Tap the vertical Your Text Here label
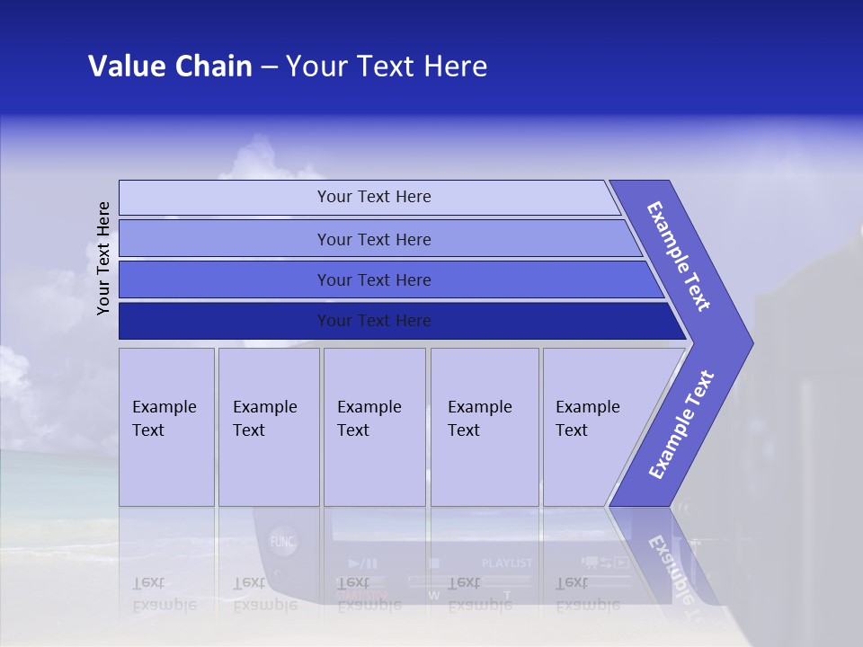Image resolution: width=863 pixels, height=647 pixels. click(x=103, y=258)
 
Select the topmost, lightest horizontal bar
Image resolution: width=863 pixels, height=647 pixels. click(x=373, y=197)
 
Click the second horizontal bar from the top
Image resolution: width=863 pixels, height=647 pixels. click(x=373, y=239)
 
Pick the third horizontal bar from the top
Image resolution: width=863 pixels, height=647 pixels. click(x=373, y=280)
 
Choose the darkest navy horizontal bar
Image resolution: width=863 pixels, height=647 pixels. click(x=373, y=321)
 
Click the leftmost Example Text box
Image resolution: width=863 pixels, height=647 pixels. click(x=166, y=427)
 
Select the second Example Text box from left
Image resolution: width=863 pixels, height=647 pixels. click(x=269, y=427)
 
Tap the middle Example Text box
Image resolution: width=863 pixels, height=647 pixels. click(x=374, y=427)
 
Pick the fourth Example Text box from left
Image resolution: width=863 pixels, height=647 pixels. click(x=485, y=427)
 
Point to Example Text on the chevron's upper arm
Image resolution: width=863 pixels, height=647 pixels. click(x=680, y=256)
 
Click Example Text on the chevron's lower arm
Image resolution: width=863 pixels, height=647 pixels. click(x=681, y=424)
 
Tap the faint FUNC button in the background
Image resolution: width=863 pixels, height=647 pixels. click(x=282, y=542)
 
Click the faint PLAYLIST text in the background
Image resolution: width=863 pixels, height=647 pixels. click(x=507, y=563)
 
